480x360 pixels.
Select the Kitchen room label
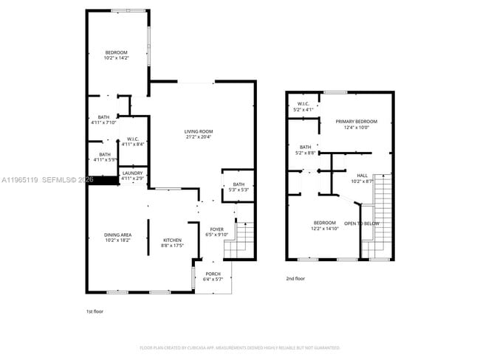[x=172, y=242]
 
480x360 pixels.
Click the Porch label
[x=213, y=276]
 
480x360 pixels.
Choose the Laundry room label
[x=133, y=174]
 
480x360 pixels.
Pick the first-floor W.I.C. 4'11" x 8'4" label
[x=133, y=141]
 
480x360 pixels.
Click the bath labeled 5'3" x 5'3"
[x=239, y=187]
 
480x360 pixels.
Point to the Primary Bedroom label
[x=356, y=123]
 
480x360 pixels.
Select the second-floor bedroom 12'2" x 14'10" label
[x=325, y=225]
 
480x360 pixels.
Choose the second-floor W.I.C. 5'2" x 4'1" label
[x=303, y=106]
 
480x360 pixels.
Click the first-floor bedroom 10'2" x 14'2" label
[x=116, y=55]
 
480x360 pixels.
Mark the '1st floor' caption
[x=95, y=311]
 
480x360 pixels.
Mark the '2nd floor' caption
[x=295, y=278]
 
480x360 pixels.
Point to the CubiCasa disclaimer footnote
[x=239, y=347]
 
